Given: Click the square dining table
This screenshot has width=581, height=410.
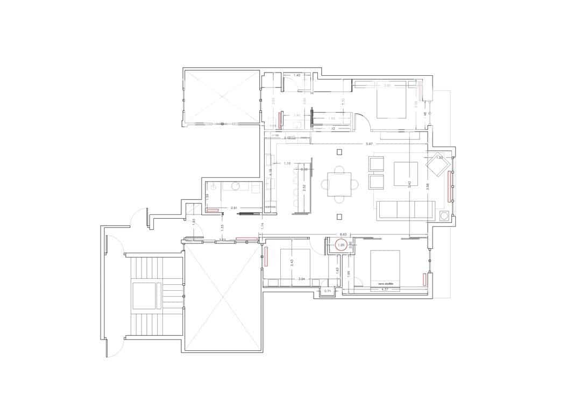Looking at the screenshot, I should point(339,184).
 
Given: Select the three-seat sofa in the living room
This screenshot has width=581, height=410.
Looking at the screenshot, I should point(406,210).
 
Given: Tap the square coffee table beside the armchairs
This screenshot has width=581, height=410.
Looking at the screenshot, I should point(406,174).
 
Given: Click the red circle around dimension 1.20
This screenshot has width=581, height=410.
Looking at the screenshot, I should point(340,246).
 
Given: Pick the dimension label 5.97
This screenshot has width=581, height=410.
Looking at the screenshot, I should point(369,143).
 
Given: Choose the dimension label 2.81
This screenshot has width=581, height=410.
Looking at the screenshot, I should point(235,207).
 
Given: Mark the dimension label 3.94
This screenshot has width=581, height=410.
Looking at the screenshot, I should point(302,279).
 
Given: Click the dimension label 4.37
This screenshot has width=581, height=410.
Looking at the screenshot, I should point(385,289).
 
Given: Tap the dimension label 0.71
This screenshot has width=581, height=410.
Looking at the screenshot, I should point(328,291).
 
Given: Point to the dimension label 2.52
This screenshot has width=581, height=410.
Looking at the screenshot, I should point(304,188).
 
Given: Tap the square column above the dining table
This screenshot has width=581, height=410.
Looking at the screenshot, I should point(339,152).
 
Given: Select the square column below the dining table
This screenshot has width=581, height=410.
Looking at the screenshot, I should point(339,217).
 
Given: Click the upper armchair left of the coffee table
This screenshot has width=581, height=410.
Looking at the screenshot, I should point(376,163).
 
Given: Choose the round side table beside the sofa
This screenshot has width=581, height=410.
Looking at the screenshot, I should point(444,216).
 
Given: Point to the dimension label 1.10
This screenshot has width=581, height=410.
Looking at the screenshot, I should point(287,163).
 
